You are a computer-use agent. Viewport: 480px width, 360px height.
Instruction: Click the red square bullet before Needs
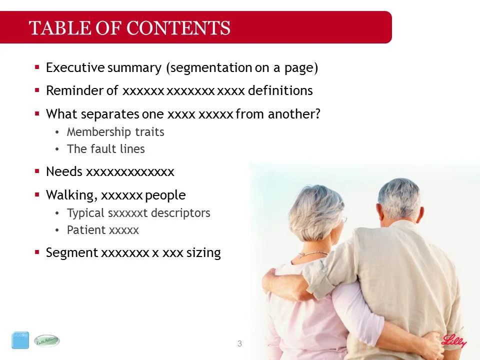point(37,171)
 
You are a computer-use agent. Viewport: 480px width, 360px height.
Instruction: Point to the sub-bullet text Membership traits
point(115,132)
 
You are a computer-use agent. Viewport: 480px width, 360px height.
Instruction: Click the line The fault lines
point(105,149)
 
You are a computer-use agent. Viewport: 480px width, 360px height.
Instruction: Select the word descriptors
point(180,213)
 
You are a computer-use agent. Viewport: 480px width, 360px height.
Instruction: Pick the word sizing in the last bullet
point(203,253)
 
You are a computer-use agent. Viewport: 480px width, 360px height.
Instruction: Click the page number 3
point(239,343)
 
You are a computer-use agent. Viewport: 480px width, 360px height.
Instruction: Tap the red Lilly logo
point(453,341)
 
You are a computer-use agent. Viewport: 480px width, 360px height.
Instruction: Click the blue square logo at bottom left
point(20,340)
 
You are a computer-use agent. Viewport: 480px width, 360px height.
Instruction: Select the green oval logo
point(46,341)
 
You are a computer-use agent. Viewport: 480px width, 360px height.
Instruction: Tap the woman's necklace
point(312,254)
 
